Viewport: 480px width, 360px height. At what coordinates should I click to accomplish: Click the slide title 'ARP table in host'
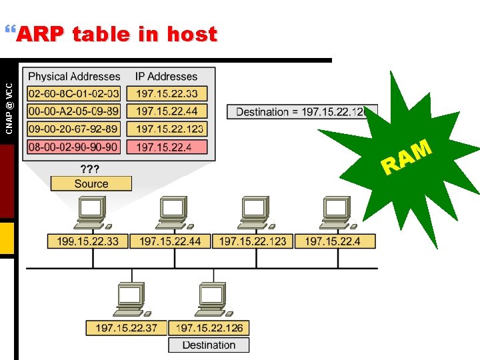click(x=117, y=34)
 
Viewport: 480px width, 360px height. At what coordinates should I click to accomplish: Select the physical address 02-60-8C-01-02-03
click(x=74, y=94)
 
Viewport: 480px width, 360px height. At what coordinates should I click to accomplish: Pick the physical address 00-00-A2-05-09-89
click(x=74, y=111)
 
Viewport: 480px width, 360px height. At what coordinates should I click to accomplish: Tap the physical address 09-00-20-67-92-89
click(x=74, y=129)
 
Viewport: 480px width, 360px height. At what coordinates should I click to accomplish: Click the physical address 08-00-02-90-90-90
click(x=74, y=147)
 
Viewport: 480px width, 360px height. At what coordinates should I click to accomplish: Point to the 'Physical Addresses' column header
click(x=74, y=77)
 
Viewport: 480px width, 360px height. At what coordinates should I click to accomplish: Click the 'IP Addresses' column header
click(x=167, y=77)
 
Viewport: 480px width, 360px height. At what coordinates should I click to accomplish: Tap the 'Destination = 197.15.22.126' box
click(x=302, y=112)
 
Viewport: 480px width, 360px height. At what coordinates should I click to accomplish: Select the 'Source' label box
click(x=91, y=183)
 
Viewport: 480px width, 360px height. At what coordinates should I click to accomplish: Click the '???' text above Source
click(x=91, y=169)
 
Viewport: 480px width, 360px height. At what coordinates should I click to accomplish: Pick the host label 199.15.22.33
click(x=87, y=241)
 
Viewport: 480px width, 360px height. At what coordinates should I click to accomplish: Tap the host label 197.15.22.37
click(x=126, y=327)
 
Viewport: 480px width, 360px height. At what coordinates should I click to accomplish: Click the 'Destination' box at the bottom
click(x=209, y=345)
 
